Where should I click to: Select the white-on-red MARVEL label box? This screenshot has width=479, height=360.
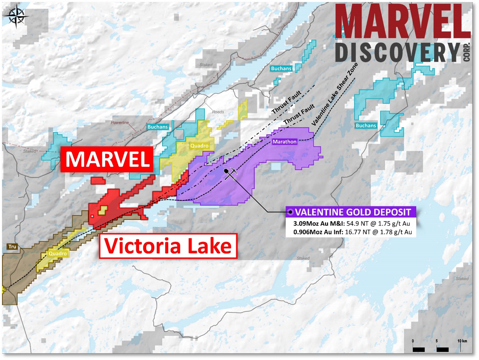(107, 159)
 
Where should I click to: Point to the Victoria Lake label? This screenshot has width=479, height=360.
(168, 246)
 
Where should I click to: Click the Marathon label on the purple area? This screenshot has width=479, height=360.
(284, 141)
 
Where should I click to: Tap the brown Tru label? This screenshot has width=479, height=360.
(12, 247)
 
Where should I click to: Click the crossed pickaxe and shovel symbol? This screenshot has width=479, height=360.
(231, 174)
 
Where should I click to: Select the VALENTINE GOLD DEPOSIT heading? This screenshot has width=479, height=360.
(353, 212)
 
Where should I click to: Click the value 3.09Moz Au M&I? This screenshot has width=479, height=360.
(319, 224)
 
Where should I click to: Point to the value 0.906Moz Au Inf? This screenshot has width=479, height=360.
(318, 232)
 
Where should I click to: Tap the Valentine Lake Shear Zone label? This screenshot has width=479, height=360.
(335, 94)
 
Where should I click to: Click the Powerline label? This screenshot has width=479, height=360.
(120, 122)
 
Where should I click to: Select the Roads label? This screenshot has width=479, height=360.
(218, 112)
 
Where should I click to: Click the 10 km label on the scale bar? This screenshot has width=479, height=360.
(462, 341)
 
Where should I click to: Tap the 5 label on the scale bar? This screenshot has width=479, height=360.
(437, 341)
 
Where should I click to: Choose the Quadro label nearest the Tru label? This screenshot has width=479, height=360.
(58, 253)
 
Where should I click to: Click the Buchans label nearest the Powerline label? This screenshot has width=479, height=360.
(157, 127)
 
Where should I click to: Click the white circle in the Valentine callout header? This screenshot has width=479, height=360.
(290, 212)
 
